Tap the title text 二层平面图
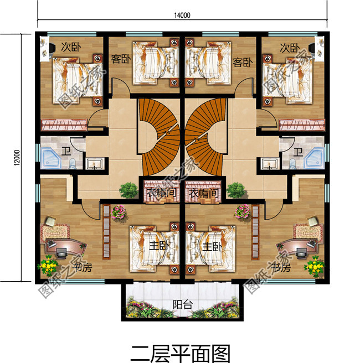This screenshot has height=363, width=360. click(x=181, y=352)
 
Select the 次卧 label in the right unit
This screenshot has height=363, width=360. click(x=288, y=48)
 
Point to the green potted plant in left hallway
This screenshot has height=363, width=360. click(x=128, y=189)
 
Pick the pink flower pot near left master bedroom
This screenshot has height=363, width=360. click(x=118, y=212)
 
